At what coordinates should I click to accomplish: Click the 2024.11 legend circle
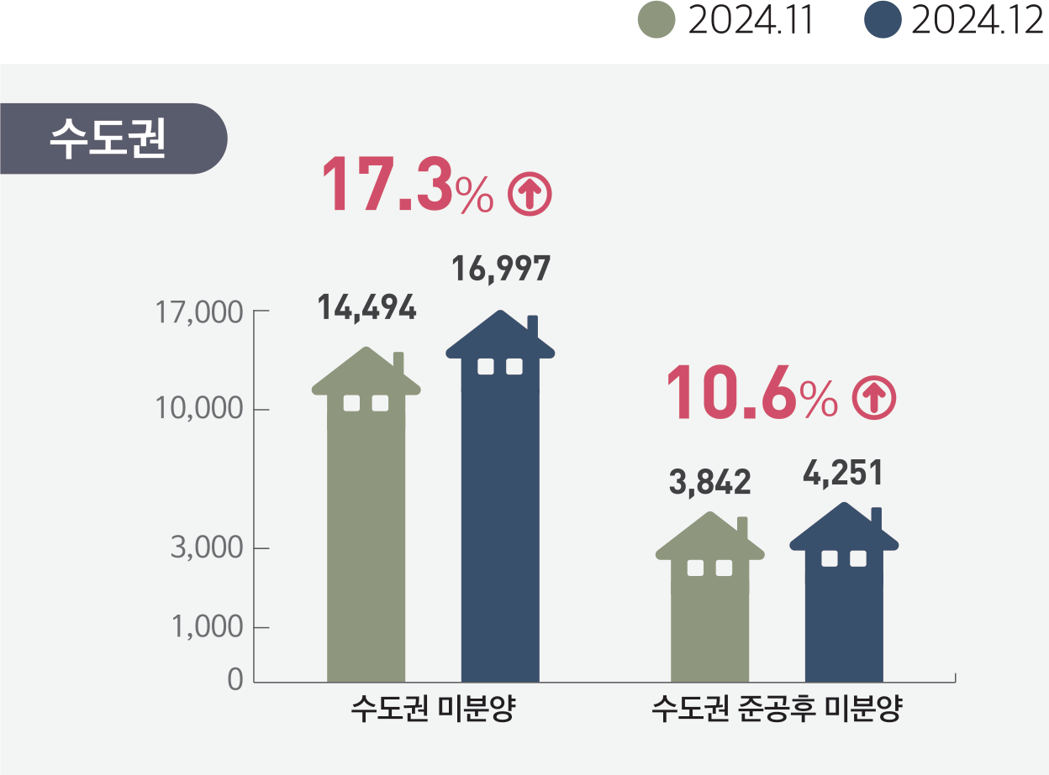pos(656,20)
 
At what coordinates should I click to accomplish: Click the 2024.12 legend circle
pos(883,20)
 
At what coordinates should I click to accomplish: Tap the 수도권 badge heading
pos(108,139)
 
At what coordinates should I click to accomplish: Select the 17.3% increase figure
pos(407,185)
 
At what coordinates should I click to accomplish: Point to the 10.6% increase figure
pos(751,392)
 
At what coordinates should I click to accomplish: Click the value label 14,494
pos(366,309)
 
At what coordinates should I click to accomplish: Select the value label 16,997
pos(501,269)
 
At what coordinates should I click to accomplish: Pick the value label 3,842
pos(709,482)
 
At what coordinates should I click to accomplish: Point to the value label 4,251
pos(843,474)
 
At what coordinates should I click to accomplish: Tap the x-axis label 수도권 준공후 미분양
pos(777,710)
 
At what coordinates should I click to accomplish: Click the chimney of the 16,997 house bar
pos(533,327)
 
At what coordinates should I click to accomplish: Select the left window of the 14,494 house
pos(352,403)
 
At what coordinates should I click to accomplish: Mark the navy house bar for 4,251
pos(844,605)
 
